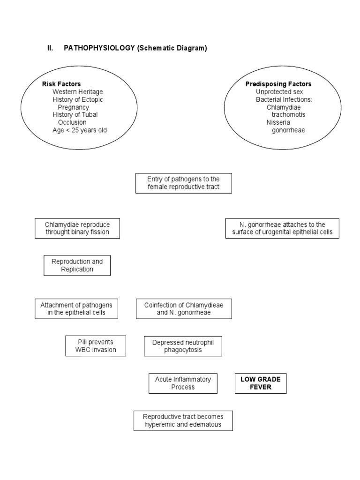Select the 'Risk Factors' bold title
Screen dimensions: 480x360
(x=61, y=84)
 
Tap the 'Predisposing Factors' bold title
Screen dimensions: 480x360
(x=278, y=84)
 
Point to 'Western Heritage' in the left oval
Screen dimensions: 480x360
(x=77, y=92)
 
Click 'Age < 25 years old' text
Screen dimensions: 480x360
(x=80, y=130)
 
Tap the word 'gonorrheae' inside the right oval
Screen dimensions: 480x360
(x=288, y=130)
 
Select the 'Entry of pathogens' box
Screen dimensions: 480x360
(x=183, y=183)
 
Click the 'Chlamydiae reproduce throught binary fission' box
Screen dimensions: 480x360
(x=77, y=228)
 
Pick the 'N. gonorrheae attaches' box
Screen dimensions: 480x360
(x=282, y=228)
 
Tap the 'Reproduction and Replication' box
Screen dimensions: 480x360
(x=77, y=265)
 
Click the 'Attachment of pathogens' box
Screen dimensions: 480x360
(x=76, y=309)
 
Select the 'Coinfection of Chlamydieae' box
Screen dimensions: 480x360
(x=184, y=309)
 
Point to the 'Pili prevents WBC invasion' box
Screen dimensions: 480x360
(x=96, y=346)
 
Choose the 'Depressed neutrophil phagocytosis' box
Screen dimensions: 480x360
(x=183, y=346)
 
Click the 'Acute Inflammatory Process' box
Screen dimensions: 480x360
(x=183, y=383)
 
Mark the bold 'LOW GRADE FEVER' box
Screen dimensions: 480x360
(x=260, y=383)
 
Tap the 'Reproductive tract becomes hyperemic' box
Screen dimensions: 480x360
(x=183, y=420)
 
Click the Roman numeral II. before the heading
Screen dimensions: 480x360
(x=50, y=49)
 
